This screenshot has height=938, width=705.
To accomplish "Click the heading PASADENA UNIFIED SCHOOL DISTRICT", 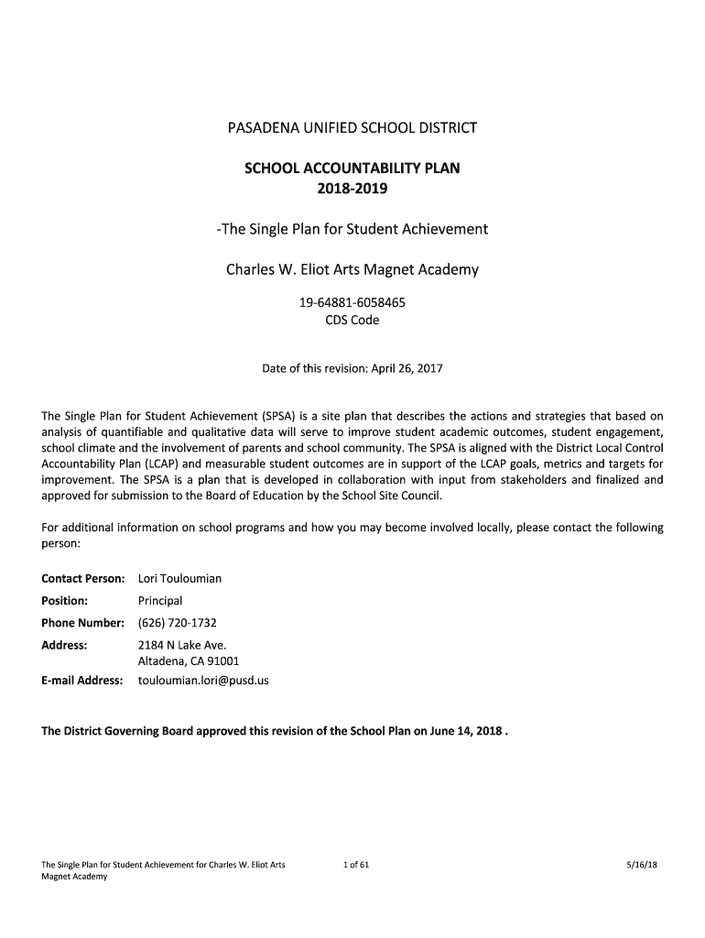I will point(352,127).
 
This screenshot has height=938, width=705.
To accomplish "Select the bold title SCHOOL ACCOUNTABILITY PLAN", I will point(352,169).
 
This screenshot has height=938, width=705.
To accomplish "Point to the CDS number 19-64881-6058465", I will point(352,302).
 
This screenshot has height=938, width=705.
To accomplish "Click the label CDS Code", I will point(352,321).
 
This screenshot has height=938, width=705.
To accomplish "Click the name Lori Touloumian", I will point(179,579).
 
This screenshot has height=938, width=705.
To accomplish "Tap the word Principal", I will point(160,601).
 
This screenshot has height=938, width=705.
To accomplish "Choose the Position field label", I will point(65,601).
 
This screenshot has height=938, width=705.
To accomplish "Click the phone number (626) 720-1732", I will point(177,623).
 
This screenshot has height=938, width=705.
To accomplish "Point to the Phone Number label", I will point(82,623).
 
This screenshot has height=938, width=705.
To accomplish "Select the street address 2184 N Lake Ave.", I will point(176,645).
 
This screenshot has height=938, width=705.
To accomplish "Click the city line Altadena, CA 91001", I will point(189,661).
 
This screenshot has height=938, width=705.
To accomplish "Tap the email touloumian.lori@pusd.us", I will point(203,681).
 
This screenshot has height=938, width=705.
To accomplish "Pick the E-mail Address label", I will point(82,681).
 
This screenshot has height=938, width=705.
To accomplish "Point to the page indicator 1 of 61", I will point(354,864).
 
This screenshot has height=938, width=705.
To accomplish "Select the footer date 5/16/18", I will point(645,864).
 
